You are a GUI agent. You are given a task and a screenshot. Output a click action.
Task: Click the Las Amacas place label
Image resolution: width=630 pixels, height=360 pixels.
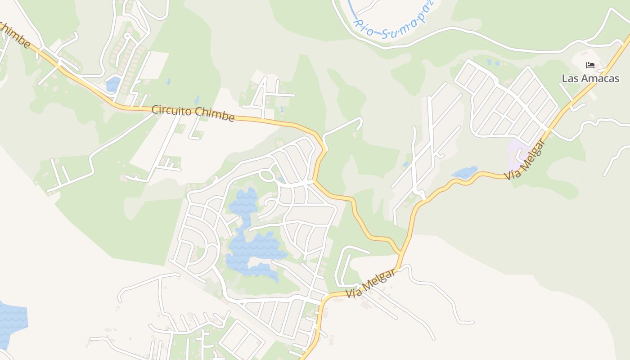coord(590,78)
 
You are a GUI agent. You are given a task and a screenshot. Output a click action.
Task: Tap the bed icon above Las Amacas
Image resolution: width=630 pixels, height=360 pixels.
coord(590,65)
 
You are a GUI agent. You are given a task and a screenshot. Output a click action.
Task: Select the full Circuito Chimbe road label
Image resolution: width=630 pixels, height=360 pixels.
coord(193,113)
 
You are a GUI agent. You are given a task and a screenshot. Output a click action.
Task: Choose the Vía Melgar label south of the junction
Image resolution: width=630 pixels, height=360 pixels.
coord(371,283)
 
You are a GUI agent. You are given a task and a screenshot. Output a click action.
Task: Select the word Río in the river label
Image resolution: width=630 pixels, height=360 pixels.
coord(364,27)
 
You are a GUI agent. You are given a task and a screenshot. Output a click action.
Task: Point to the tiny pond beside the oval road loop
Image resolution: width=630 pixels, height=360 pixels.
coord(281,180)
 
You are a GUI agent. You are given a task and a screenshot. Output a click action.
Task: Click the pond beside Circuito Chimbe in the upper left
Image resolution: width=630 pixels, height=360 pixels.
coord(113,84)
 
